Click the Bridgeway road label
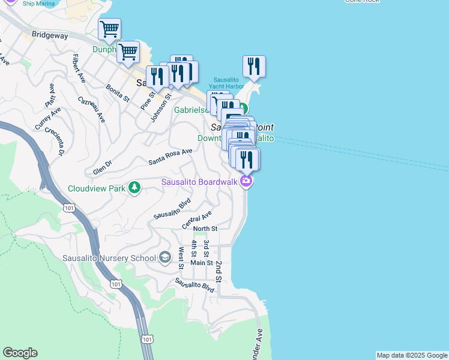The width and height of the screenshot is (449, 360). (x=51, y=35)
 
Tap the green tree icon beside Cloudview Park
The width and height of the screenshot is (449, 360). (x=134, y=188)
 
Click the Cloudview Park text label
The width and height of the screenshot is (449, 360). (x=96, y=188)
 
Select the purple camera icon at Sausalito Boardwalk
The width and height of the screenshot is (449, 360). (x=246, y=182)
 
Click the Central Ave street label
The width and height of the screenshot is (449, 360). (x=197, y=220)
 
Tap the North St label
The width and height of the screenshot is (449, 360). (x=205, y=229)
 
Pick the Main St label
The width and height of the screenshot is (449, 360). (x=202, y=263)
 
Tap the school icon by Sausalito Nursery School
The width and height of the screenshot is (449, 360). (x=164, y=258)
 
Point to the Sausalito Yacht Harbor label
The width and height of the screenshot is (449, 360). (x=228, y=83)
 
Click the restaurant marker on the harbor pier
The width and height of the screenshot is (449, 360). (x=254, y=67)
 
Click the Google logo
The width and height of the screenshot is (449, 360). (x=20, y=353)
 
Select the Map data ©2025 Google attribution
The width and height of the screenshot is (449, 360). (x=412, y=355)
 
